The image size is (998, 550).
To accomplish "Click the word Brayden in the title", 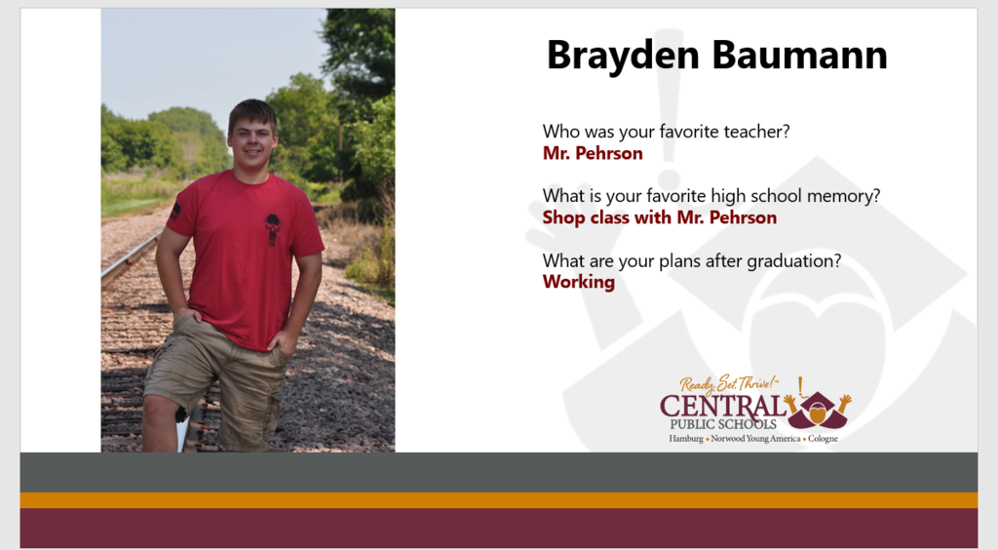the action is tap(623, 56).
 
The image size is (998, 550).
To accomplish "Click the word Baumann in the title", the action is tap(800, 55).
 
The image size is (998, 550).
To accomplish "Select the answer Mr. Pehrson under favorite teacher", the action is tap(593, 153).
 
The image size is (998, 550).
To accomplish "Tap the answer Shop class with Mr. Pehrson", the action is tap(660, 217).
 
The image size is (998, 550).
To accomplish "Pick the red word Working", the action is tap(579, 282).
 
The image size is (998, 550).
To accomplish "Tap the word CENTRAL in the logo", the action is tap(723, 406).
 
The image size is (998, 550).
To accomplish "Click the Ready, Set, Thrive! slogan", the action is tap(729, 384).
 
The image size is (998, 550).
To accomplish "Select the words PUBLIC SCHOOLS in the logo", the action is tap(723, 424).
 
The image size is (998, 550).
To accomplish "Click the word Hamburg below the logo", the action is tap(686, 439).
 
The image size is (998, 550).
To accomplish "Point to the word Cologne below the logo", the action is tap(823, 439).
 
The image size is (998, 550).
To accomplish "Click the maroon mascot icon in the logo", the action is tap(818, 410).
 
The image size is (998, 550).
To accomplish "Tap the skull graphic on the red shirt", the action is tap(273, 229).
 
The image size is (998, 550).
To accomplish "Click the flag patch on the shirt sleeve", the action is tap(175, 212).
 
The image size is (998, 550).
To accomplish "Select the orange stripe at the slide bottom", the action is tap(499, 500).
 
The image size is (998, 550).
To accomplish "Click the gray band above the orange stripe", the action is tap(499, 472).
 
